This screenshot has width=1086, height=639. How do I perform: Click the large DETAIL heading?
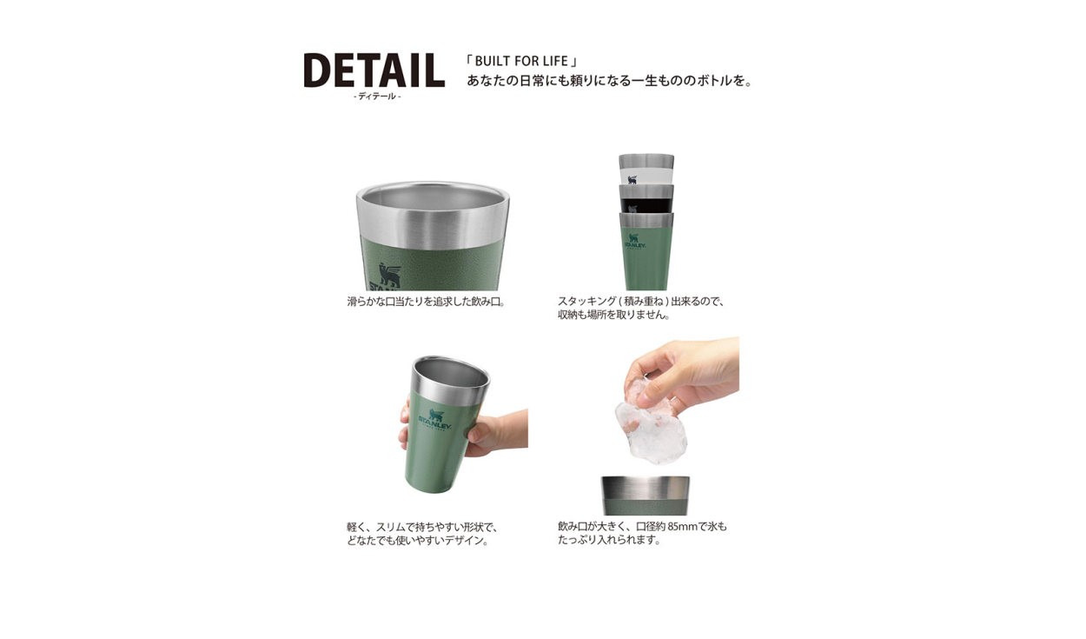(x=374, y=70)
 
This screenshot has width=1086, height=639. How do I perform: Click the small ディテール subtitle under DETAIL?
(x=377, y=97)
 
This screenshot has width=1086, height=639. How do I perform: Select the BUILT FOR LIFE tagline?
(x=521, y=61)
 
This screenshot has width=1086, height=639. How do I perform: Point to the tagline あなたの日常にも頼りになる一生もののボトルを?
(x=609, y=81)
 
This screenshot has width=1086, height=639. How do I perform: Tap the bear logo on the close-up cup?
(x=390, y=275)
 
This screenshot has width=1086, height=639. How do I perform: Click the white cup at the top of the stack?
(x=646, y=170)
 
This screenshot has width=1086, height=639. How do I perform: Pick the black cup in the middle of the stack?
(x=646, y=199)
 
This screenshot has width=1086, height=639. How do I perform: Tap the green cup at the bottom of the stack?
(x=646, y=252)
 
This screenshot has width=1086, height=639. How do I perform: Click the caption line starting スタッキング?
(x=641, y=302)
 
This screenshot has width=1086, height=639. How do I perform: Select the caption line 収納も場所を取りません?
(x=614, y=315)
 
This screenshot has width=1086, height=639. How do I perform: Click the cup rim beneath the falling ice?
(x=646, y=489)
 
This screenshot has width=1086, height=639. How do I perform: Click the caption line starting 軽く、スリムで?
(x=422, y=527)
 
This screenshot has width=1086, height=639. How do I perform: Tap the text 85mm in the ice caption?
(x=683, y=527)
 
